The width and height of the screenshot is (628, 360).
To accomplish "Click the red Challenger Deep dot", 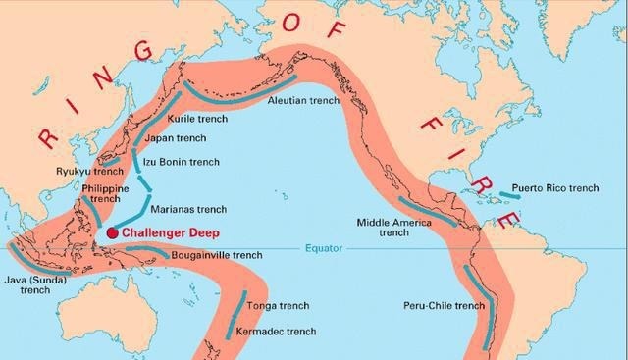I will (x=114, y=232).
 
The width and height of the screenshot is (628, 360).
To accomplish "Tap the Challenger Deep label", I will (x=171, y=232).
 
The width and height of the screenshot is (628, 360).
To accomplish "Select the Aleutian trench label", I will (x=303, y=100).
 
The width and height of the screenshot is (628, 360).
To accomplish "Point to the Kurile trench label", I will (x=198, y=119).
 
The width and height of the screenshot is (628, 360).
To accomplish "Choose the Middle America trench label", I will (x=393, y=228).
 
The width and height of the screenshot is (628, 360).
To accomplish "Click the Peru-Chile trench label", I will (x=444, y=306).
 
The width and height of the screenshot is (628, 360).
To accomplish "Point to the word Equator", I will (x=324, y=247).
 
